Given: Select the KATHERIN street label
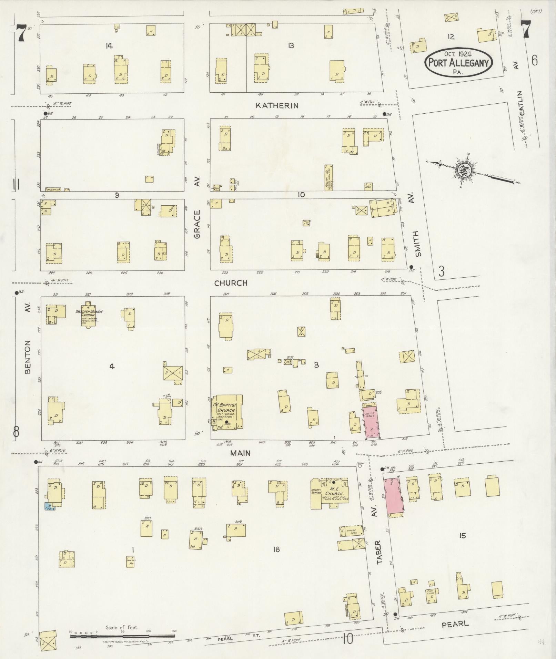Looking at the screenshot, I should click(x=277, y=105).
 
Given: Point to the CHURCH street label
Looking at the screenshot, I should click(x=231, y=283).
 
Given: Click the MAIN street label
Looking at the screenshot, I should click(x=241, y=453).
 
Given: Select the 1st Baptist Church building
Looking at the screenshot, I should click(x=228, y=412).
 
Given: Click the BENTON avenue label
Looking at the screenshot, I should click(x=28, y=357).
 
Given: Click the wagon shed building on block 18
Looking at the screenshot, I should click(x=351, y=531).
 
